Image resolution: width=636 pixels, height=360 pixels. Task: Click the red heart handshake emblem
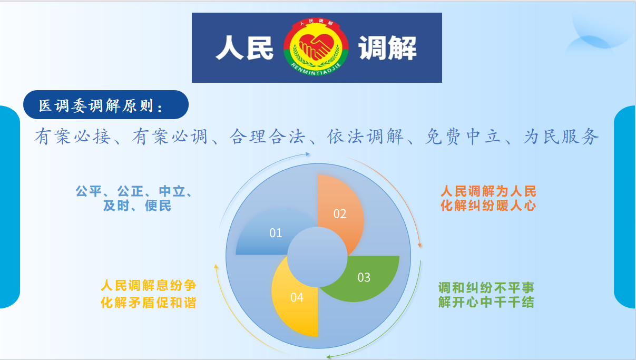point(316,47)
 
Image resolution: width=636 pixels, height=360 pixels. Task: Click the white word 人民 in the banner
point(244,47)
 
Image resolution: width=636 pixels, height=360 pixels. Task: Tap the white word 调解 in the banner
point(388,47)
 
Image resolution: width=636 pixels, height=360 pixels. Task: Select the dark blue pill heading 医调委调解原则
point(106,105)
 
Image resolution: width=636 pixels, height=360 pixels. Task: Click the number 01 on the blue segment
point(276,233)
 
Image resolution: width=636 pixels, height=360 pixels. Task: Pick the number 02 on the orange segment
point(340,214)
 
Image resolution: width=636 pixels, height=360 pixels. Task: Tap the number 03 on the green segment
point(364,277)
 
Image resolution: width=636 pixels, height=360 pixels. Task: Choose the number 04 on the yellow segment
point(297,297)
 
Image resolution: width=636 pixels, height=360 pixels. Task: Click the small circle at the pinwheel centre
point(317,257)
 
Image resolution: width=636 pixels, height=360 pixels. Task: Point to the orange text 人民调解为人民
point(488,191)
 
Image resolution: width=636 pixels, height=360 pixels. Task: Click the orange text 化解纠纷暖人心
point(488,206)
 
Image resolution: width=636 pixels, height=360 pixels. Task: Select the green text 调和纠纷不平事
point(486,288)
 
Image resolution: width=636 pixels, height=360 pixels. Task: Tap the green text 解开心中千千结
point(486,302)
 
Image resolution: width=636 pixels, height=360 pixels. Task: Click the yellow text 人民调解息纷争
point(149,285)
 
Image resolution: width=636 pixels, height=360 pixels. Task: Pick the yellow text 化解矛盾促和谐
point(149,303)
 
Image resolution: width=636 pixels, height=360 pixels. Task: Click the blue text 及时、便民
point(137,206)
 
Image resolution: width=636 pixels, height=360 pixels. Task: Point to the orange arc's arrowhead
point(419,245)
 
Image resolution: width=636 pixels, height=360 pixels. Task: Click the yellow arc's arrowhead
point(216,266)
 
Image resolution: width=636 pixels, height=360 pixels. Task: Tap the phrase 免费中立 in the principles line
point(463,137)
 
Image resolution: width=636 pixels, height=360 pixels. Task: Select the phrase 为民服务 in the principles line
point(561,137)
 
